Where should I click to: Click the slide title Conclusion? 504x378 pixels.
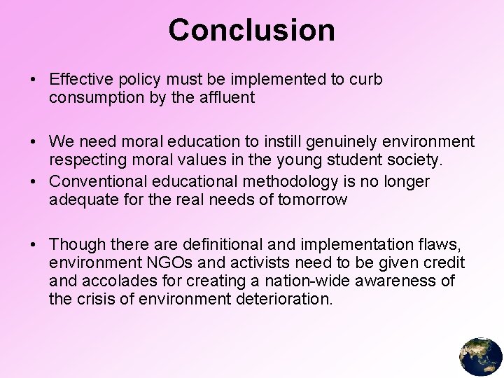[x=251, y=30]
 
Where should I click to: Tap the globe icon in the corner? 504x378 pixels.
[x=481, y=356]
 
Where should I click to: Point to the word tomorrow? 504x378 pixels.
[x=314, y=200]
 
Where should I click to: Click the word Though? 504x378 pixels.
[x=75, y=245]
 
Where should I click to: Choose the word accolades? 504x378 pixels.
[x=118, y=281]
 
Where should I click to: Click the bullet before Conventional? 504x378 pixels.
[x=34, y=182]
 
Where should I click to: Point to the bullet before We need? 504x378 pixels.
[x=34, y=142]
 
